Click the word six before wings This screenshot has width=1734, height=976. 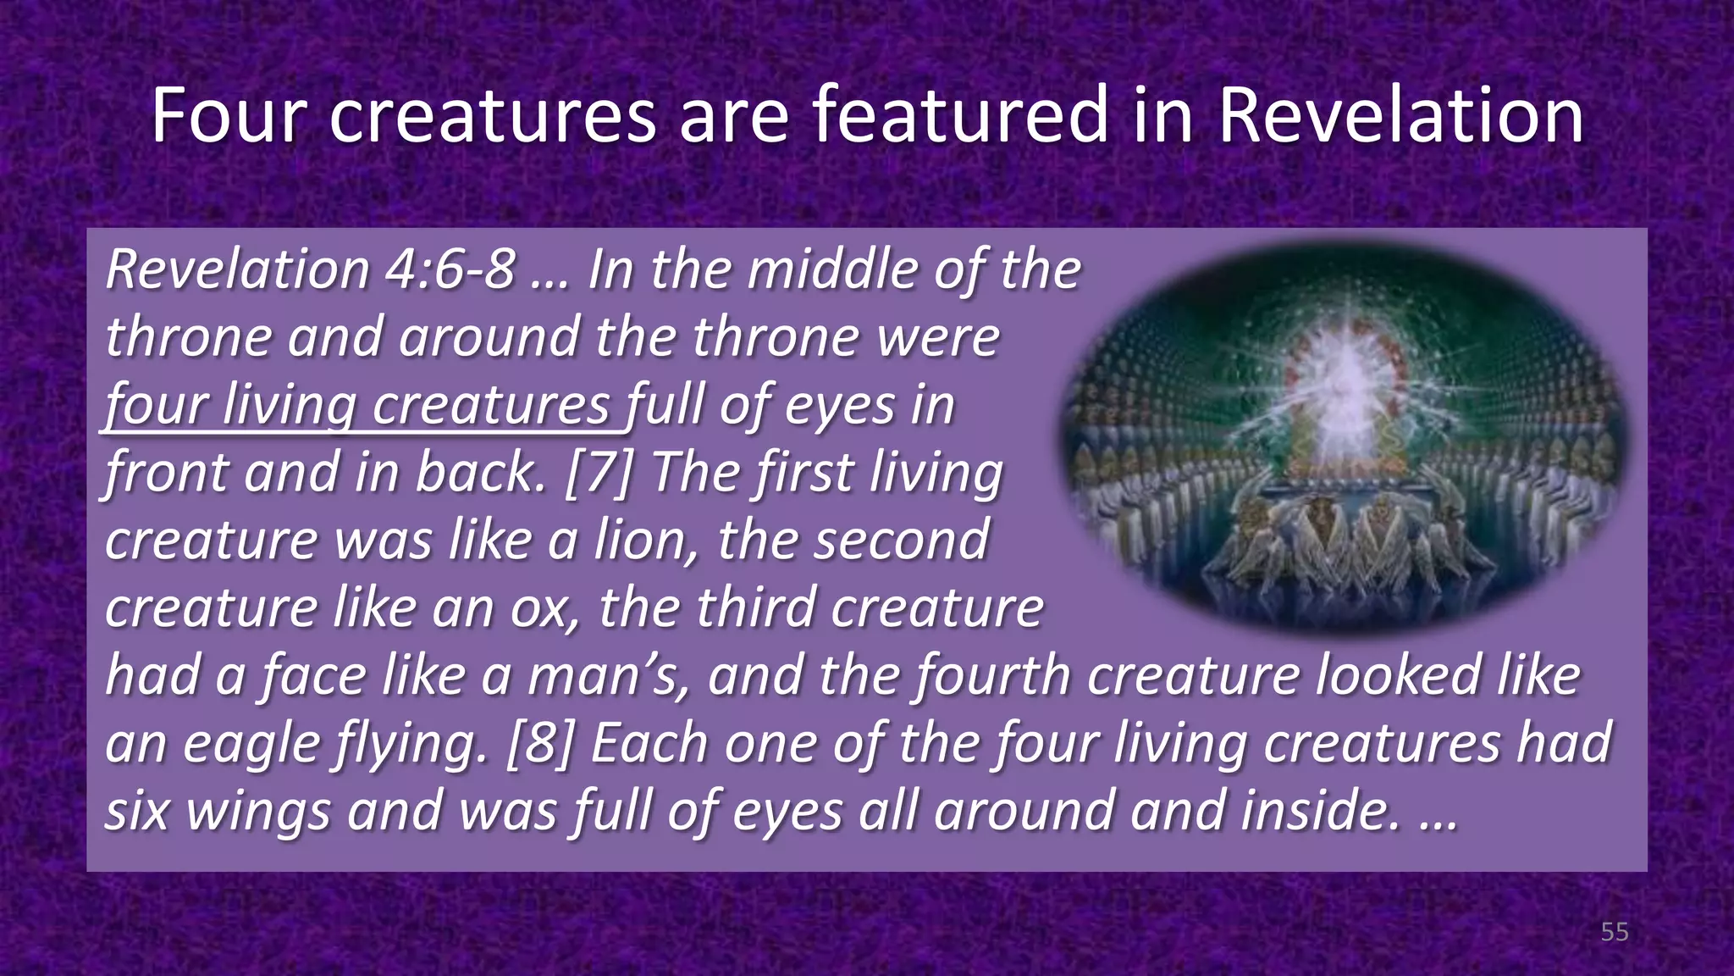click(138, 810)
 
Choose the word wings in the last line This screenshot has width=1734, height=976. click(258, 812)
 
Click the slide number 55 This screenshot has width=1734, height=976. click(1615, 932)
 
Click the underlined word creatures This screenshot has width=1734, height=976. click(491, 405)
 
